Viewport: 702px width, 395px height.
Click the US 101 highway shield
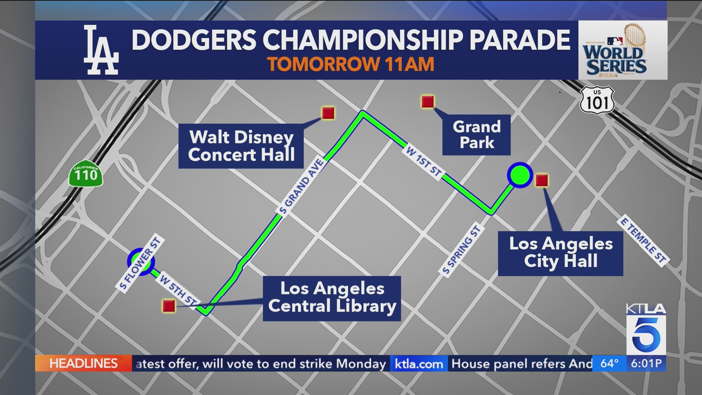pos(597,100)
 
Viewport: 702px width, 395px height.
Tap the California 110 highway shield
pos(86,174)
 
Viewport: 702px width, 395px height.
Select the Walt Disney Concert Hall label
pos(241,146)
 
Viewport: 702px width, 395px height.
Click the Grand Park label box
pos(476,135)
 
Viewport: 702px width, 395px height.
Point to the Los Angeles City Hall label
pos(561,253)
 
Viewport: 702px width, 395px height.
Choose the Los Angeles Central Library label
pos(332,298)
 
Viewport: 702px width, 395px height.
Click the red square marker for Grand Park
pos(428,102)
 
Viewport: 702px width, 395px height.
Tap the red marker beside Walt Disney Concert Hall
pos(328,113)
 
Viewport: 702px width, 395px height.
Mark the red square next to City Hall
pos(541,180)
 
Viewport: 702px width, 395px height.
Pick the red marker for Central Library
pos(169,306)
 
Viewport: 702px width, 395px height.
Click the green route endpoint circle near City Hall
pos(520,175)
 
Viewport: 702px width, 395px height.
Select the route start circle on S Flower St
pos(141,262)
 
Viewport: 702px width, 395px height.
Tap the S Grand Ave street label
pos(301,186)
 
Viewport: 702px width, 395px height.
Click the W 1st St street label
pos(424,162)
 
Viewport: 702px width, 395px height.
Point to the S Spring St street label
pos(461,250)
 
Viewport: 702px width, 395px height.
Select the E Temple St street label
pos(643,241)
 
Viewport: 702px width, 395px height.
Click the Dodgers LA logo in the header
pos(101,50)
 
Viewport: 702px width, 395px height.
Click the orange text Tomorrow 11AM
pos(351,64)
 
